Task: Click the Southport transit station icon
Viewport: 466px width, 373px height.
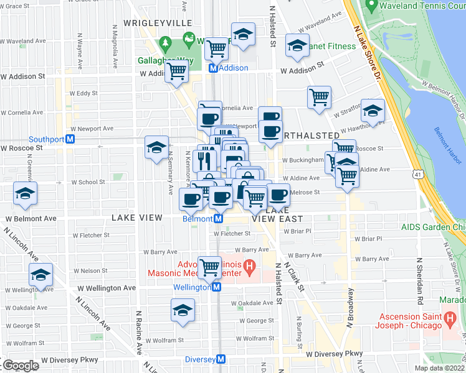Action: (70, 139)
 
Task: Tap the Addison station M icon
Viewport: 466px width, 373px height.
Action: (212, 68)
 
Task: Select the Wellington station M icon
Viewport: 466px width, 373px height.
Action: (216, 287)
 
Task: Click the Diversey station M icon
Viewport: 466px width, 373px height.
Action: (221, 359)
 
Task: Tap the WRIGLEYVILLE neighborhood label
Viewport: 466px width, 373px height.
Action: (158, 22)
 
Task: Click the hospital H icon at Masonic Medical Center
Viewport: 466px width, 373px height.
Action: (249, 268)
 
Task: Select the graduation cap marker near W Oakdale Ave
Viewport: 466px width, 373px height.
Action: (183, 310)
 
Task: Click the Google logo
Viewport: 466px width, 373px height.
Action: (20, 366)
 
